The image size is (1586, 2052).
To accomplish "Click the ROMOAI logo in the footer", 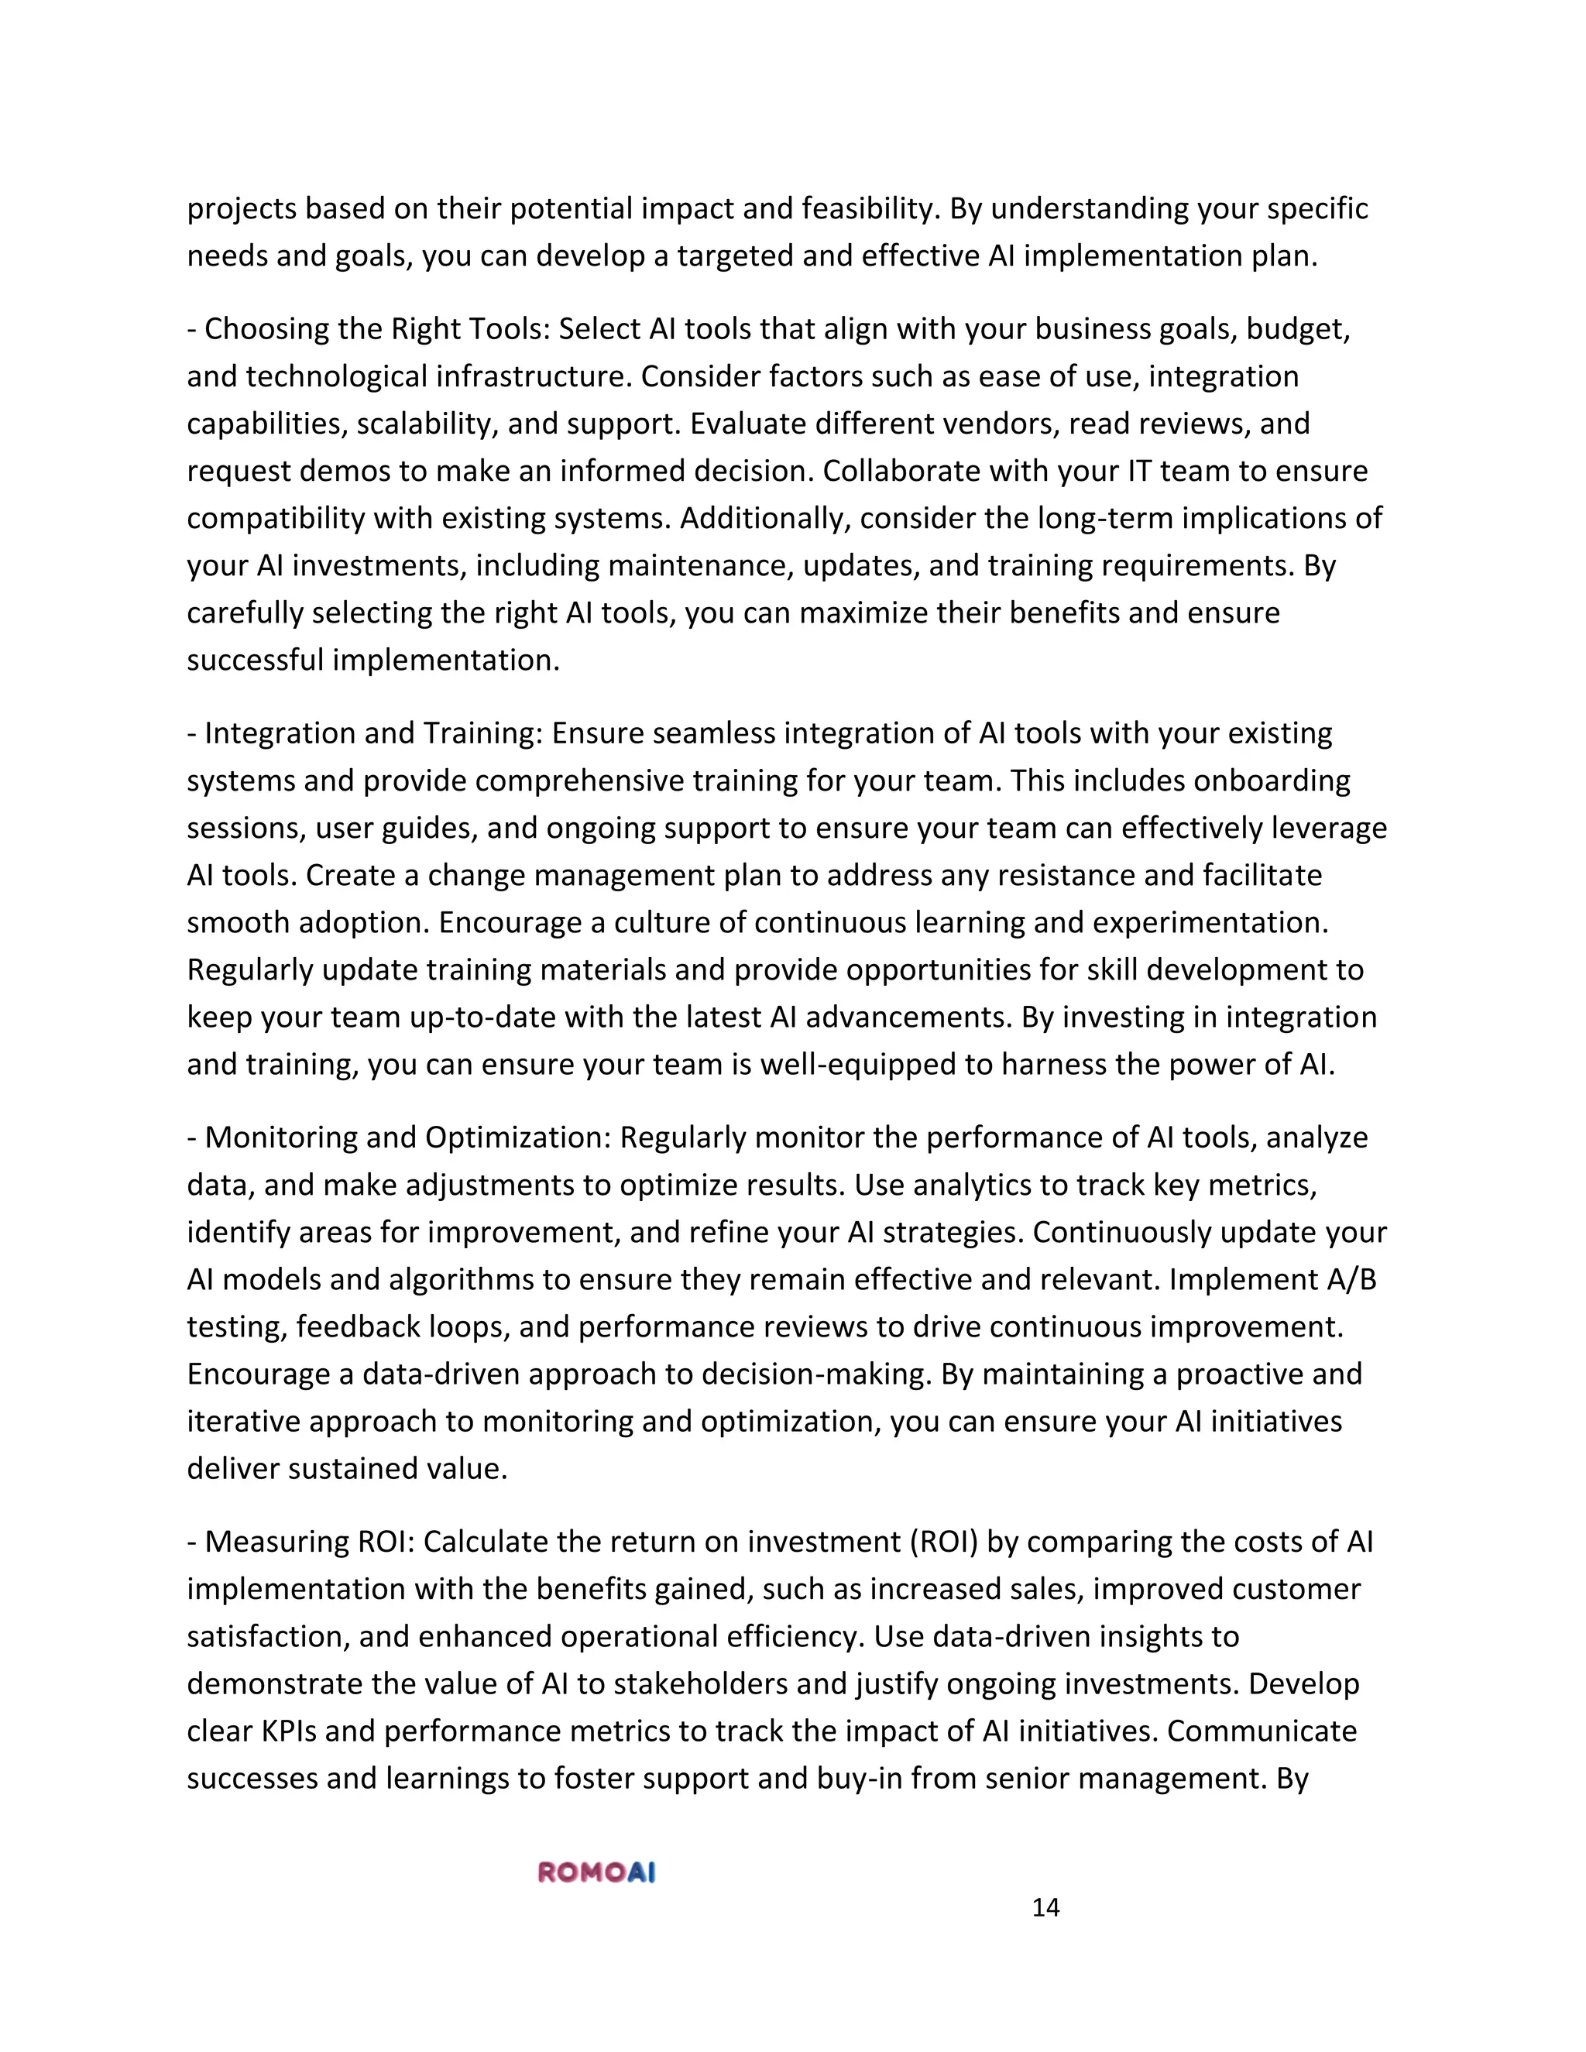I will pyautogui.click(x=596, y=1872).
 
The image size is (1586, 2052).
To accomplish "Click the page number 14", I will pyautogui.click(x=1045, y=1907).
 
